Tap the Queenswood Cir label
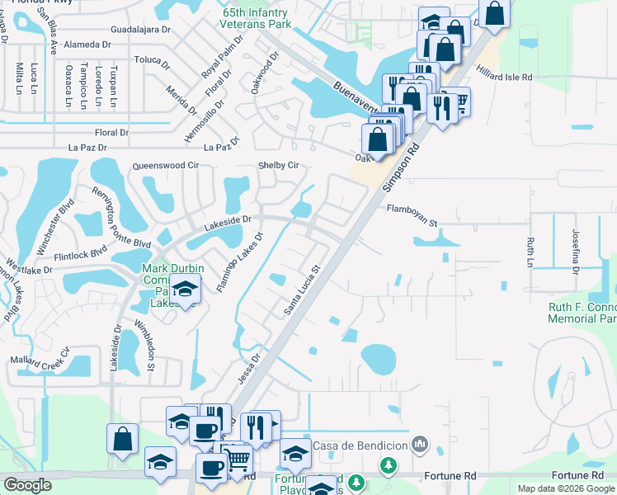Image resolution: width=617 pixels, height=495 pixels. click(x=166, y=165)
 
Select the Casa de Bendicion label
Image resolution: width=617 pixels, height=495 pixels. click(x=359, y=445)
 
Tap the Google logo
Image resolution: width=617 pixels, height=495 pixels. click(x=28, y=485)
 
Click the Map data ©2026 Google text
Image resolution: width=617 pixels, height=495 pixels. click(x=566, y=488)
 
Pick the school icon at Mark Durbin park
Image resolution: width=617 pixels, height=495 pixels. click(x=186, y=290)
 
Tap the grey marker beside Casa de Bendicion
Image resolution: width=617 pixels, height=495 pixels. click(x=422, y=445)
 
